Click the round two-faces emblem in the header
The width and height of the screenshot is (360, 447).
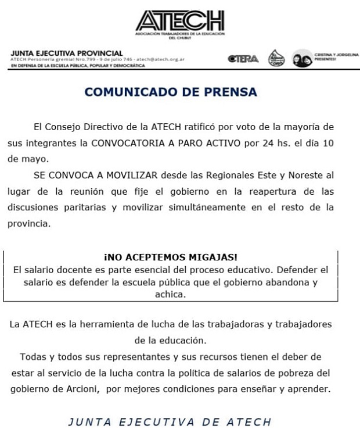pyautogui.click(x=302, y=59)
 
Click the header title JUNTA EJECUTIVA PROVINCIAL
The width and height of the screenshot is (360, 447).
pyautogui.click(x=67, y=53)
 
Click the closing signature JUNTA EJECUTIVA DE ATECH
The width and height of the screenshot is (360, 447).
pyautogui.click(x=170, y=422)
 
